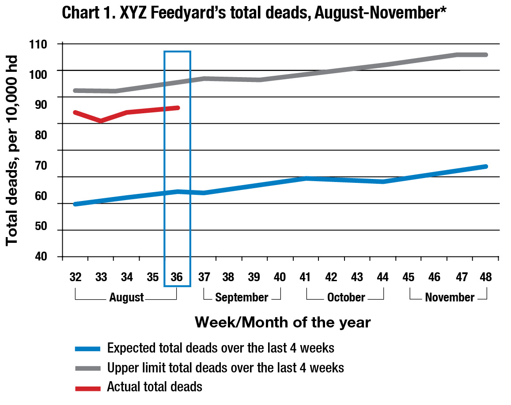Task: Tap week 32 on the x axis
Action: pos(76,277)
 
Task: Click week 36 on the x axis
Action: pos(177,277)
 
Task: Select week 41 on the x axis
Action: pos(306,277)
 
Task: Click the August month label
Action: pos(126,297)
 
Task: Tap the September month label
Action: pos(242,297)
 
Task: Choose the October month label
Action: pos(346,297)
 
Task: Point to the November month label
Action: pos(450,297)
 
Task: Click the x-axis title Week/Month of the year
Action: pos(283,322)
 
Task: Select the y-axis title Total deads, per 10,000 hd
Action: pos(12,150)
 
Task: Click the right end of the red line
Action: pos(178,108)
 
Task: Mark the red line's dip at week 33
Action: pos(101,120)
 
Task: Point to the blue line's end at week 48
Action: pos(486,166)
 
